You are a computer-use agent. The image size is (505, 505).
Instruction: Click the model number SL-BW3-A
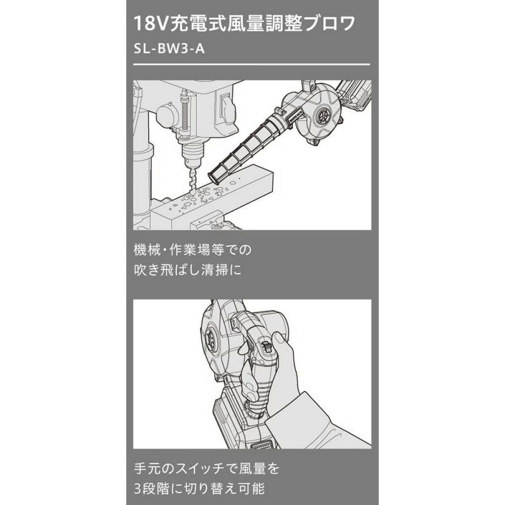click(169, 50)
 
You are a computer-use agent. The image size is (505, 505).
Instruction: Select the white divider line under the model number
click(252, 65)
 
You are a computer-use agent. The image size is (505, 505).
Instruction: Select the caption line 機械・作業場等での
click(192, 250)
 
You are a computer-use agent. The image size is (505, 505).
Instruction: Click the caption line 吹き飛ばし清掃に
click(188, 270)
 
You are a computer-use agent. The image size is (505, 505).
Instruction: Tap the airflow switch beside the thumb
click(267, 347)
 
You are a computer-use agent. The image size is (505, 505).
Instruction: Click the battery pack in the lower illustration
click(242, 418)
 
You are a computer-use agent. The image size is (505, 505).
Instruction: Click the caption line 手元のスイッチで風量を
click(207, 469)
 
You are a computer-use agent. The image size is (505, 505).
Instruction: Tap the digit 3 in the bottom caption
click(137, 489)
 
